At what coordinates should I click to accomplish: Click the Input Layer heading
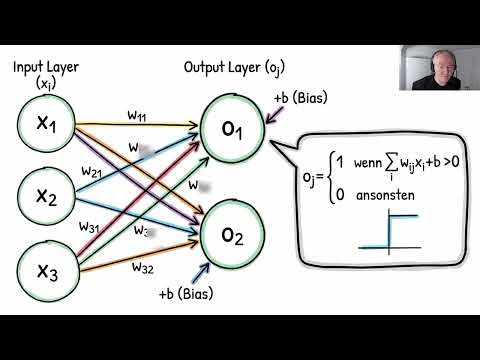tap(44, 67)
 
